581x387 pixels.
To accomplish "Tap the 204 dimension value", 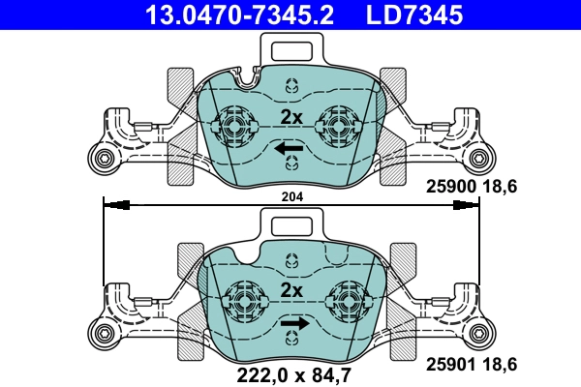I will tap(291, 195).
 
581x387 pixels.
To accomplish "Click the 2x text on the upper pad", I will tap(291, 117).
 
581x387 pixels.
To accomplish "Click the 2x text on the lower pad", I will tap(291, 290).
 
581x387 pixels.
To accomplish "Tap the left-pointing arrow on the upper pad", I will tap(290, 149).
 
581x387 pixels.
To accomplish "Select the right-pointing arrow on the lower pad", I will tap(294, 323).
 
